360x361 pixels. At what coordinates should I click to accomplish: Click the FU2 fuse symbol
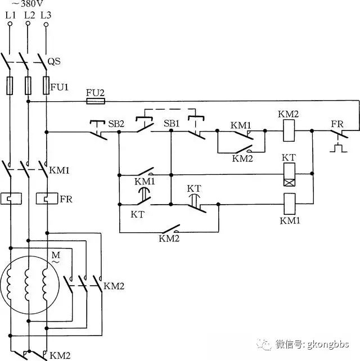(x=96, y=101)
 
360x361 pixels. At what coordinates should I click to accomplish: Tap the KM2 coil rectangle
(x=289, y=131)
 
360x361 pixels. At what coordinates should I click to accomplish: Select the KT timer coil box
(x=289, y=174)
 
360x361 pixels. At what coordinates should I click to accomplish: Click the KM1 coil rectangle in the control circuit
(x=290, y=204)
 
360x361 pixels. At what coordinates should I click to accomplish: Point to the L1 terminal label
(x=10, y=15)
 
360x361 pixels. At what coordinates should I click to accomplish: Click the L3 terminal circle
(x=46, y=24)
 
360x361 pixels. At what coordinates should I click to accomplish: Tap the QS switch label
(x=54, y=61)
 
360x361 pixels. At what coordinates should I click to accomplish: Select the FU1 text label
(x=60, y=87)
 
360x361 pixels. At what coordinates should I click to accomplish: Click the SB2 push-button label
(x=116, y=124)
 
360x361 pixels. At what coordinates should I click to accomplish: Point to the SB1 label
(x=172, y=123)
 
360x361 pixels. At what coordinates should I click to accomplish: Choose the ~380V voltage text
(x=27, y=3)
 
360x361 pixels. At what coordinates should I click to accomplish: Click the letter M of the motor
(x=56, y=255)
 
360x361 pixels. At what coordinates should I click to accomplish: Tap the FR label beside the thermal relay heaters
(x=66, y=199)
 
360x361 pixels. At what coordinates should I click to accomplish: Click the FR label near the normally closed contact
(x=337, y=124)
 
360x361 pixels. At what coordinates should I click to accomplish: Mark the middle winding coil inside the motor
(x=28, y=285)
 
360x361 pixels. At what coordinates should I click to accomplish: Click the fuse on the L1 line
(x=10, y=85)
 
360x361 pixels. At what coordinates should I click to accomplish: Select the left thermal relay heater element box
(x=11, y=198)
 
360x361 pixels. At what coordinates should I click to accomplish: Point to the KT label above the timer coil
(x=289, y=157)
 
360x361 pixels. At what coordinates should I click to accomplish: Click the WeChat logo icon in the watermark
(x=264, y=344)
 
